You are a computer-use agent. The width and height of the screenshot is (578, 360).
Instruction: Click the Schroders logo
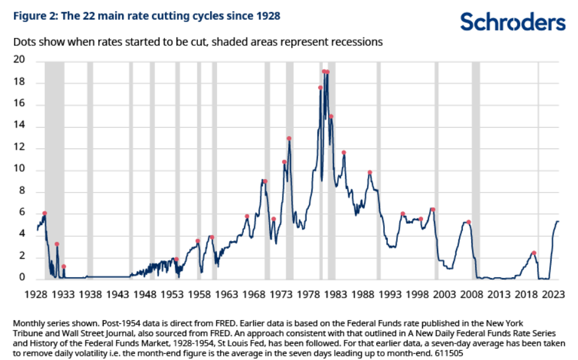tap(512, 22)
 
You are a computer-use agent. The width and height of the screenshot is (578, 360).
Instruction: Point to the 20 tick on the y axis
tap(20, 60)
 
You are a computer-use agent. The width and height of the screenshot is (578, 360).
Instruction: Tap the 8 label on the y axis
tap(22, 191)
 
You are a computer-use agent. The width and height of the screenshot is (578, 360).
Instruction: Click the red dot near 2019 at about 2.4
tap(534, 253)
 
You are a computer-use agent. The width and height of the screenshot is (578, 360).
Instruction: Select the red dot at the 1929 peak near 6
tap(44, 213)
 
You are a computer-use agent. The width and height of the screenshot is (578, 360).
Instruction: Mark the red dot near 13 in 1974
tap(289, 138)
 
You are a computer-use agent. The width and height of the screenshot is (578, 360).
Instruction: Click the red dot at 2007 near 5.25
tap(468, 222)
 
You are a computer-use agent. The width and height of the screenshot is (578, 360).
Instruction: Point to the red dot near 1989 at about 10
tap(370, 172)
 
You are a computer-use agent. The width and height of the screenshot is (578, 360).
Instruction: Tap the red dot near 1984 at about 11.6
tap(344, 152)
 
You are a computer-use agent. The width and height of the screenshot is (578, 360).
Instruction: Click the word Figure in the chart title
tap(27, 16)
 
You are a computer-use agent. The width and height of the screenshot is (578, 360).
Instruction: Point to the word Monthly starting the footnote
tap(29, 322)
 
